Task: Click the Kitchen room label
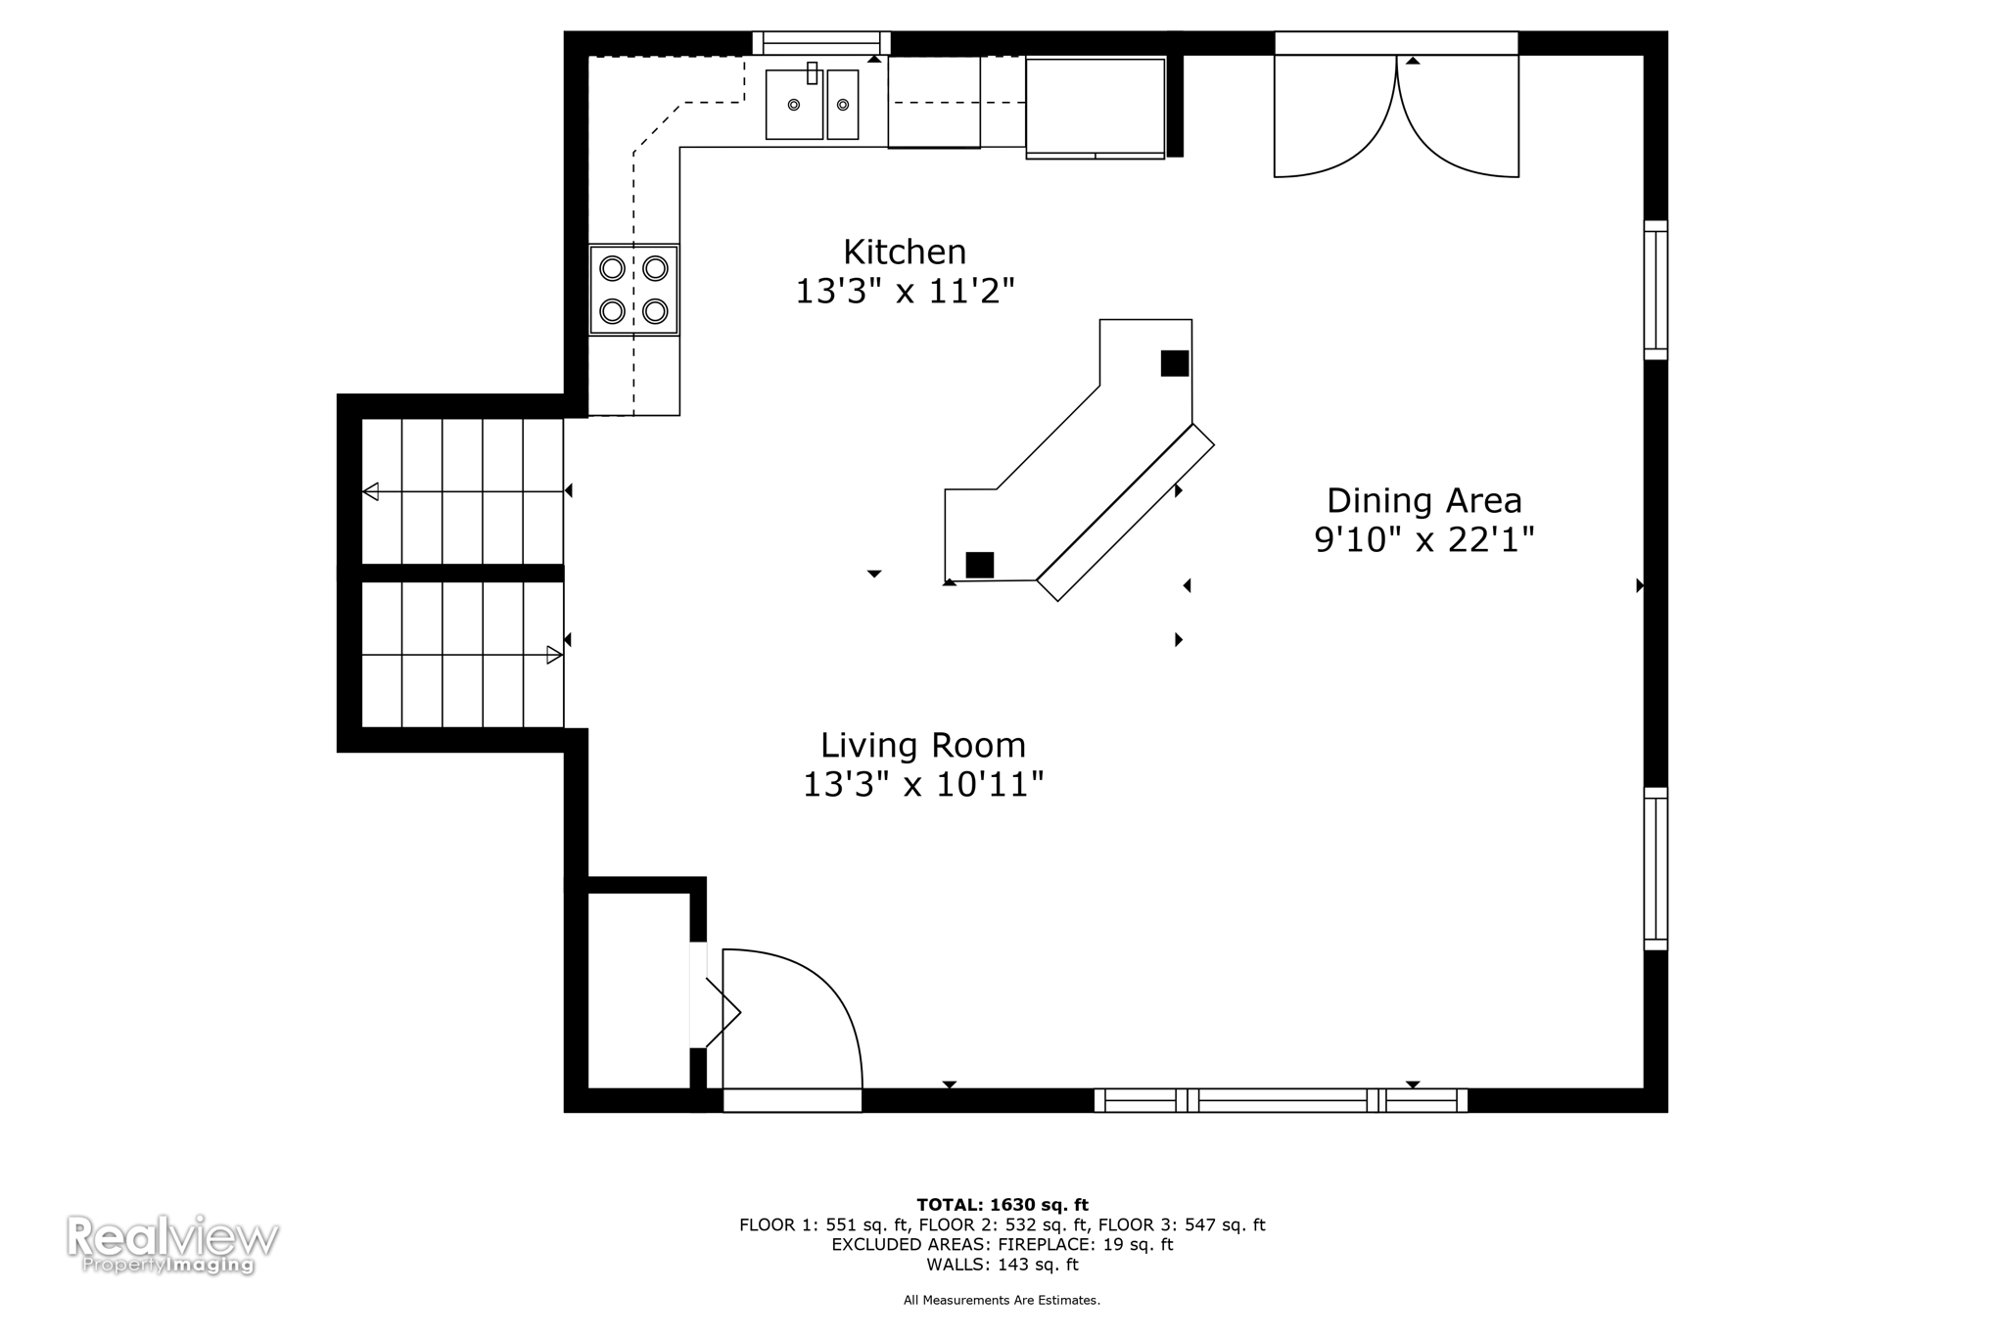coord(905,253)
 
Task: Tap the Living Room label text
coord(923,746)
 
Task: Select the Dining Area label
coord(1423,501)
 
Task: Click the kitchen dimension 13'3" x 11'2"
coord(905,292)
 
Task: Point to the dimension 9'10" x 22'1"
coord(1423,540)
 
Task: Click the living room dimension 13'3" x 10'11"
coord(923,785)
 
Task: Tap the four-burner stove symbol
coord(633,290)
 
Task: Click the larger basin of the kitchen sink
coord(793,106)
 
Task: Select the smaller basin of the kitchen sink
coord(843,106)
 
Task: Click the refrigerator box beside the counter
coord(1095,106)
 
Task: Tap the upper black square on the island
coord(1174,363)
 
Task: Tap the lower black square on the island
coord(979,565)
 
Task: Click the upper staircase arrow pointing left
coord(371,491)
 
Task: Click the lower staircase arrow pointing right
coord(553,655)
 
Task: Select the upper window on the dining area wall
coord(1655,290)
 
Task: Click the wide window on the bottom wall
coord(1281,1100)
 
